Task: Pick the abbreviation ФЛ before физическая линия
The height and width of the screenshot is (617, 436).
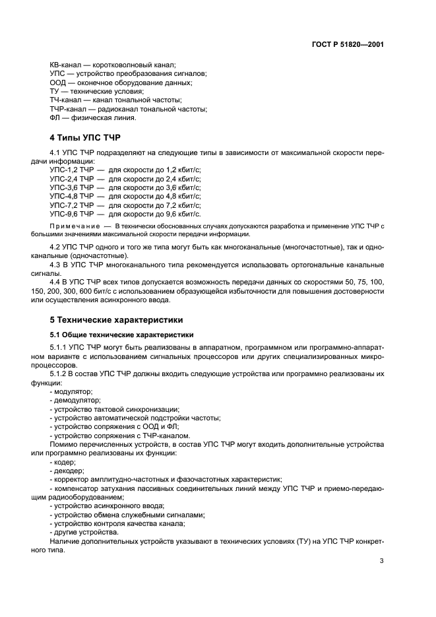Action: click(x=55, y=118)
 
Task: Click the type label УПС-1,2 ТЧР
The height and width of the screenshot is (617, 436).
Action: click(x=72, y=170)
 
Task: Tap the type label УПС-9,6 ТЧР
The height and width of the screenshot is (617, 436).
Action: click(x=72, y=214)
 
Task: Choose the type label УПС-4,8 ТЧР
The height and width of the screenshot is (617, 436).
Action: click(x=72, y=196)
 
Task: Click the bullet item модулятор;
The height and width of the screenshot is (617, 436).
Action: click(x=73, y=391)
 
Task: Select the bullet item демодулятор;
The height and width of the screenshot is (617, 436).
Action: click(x=77, y=400)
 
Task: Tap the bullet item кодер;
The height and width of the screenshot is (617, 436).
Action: click(x=64, y=462)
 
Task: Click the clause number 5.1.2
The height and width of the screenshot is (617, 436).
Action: click(x=61, y=373)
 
